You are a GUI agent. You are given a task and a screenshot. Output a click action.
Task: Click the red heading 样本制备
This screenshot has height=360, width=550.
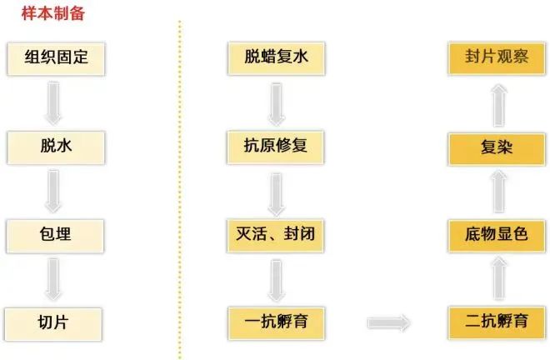click(52, 13)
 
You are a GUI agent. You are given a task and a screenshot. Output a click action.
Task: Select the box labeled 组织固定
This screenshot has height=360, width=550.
click(54, 58)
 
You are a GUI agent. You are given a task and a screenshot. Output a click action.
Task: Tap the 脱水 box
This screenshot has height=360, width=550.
click(54, 147)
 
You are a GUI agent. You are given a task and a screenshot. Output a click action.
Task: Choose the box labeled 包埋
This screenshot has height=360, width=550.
click(54, 234)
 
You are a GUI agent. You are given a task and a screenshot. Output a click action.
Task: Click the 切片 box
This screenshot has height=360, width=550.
click(54, 321)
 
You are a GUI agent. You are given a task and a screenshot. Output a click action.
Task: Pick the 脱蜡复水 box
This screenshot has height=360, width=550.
click(275, 58)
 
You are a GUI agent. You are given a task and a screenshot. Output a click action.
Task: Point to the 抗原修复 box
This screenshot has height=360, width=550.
click(275, 147)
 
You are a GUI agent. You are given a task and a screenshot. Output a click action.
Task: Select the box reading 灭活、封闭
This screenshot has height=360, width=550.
click(275, 234)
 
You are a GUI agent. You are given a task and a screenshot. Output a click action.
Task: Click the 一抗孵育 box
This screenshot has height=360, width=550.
click(275, 321)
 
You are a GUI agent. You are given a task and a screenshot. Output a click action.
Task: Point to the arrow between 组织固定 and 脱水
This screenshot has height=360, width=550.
click(54, 102)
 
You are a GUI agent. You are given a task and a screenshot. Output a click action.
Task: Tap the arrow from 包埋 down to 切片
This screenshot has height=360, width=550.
click(54, 278)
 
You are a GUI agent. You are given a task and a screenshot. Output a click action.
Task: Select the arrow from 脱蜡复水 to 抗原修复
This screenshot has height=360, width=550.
click(275, 102)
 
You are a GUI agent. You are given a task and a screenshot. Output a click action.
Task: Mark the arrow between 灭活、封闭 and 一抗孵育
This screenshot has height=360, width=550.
click(275, 278)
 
